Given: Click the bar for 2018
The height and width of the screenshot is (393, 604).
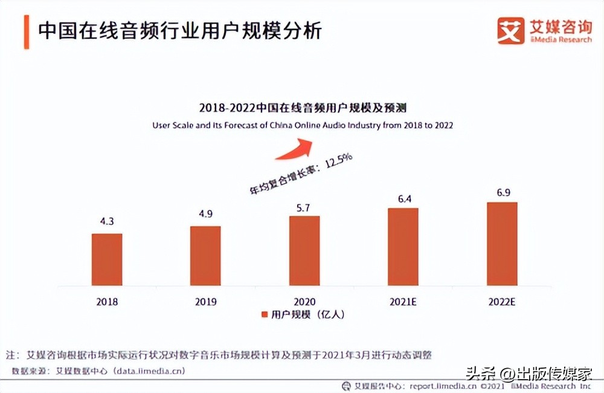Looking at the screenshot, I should point(107,259).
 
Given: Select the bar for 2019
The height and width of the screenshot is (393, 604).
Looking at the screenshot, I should point(205,255).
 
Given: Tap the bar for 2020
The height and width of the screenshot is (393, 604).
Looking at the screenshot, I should point(304,250).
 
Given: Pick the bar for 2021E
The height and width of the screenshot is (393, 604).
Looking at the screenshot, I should point(403,246).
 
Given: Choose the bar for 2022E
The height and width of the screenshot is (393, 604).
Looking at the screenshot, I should point(501,242).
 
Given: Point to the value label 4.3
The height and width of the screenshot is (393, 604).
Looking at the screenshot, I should point(107,222).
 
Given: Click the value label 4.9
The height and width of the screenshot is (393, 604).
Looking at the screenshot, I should point(205,215).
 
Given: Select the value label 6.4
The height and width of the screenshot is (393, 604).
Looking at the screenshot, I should point(403,197).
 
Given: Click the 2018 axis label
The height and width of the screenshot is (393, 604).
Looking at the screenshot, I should point(107,302).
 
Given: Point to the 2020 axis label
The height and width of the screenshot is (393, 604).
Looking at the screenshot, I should point(304,302).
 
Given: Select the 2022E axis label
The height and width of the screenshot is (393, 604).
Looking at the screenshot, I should point(501,302).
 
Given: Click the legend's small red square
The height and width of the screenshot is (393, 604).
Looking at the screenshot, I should point(264,315).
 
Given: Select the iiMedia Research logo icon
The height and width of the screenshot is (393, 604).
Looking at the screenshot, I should point(510,30).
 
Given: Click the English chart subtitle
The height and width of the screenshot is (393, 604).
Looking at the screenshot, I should point(302,125).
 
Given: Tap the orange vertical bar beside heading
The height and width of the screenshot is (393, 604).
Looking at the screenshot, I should point(27,31).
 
